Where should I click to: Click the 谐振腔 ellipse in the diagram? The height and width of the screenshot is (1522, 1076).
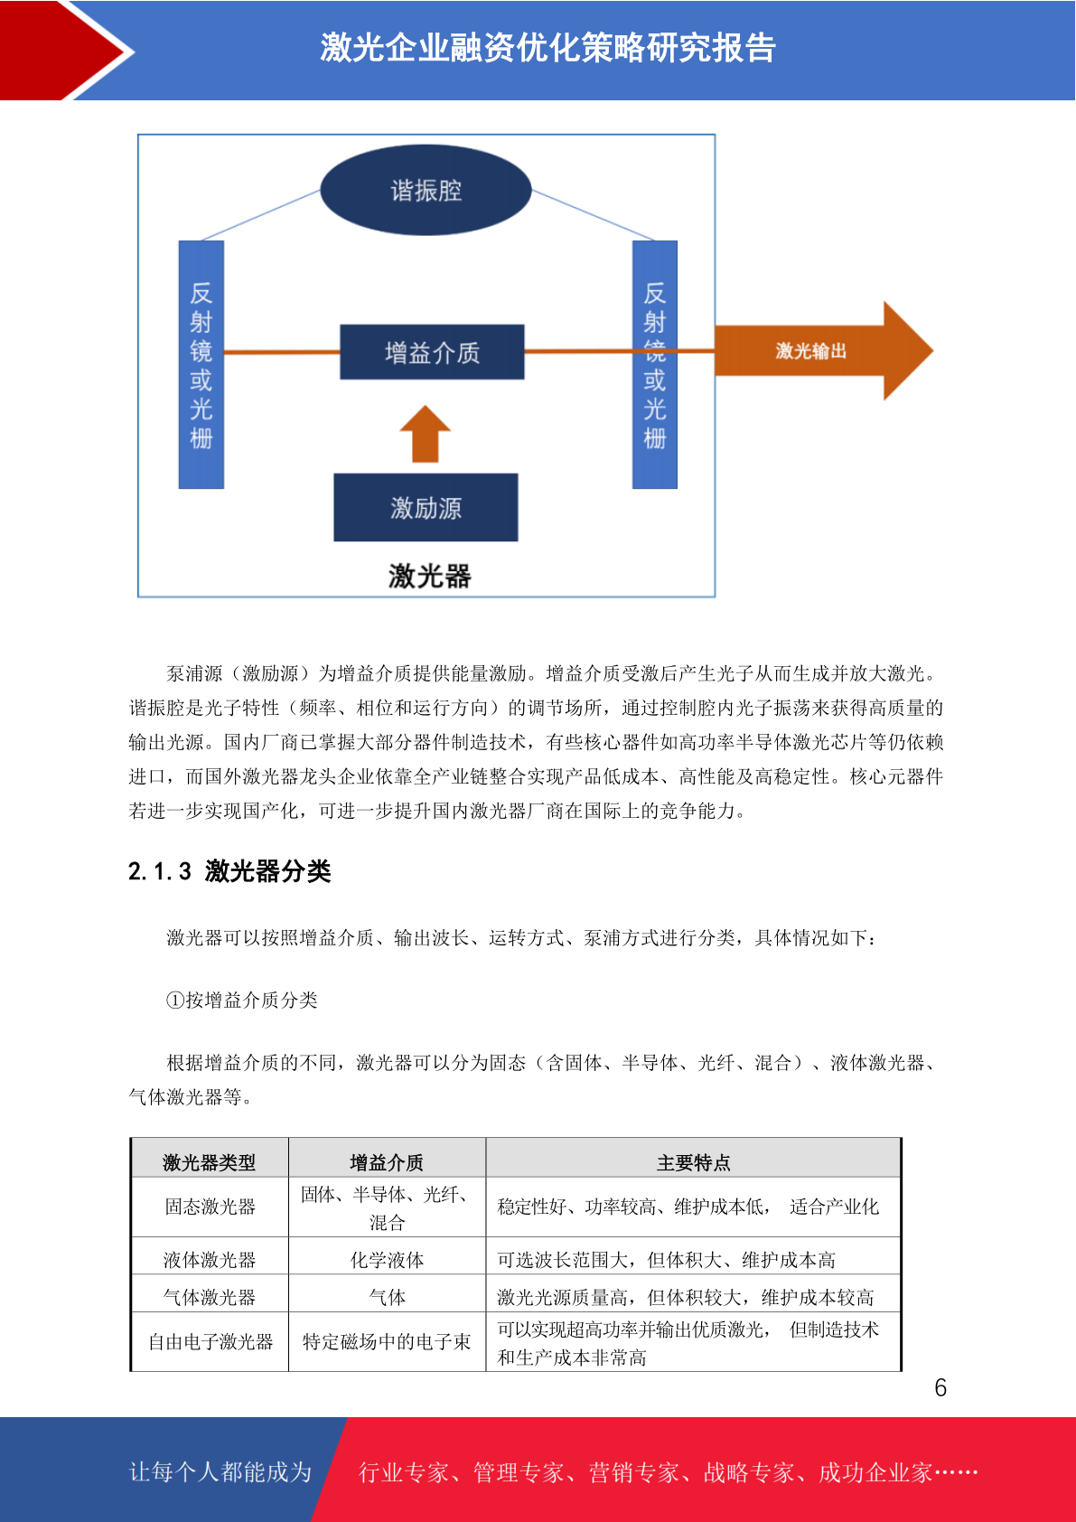[426, 190]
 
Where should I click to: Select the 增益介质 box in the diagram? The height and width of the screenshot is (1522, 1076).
[432, 352]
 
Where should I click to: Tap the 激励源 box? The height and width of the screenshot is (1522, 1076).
[426, 508]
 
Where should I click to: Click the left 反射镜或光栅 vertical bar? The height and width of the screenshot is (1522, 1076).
[201, 364]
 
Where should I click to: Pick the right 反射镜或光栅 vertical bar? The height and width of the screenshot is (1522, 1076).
[655, 364]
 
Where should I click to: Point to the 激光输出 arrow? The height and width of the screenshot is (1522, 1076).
[823, 351]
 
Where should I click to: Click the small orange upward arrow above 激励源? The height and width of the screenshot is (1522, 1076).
[426, 434]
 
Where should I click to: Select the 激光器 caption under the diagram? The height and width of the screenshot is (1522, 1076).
[429, 577]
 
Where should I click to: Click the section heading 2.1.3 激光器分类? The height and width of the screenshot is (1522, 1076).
[229, 871]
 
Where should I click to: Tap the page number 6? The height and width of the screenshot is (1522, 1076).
[940, 1387]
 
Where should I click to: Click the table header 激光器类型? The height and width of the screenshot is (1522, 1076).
[210, 1162]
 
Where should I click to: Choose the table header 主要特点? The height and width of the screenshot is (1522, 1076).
[694, 1162]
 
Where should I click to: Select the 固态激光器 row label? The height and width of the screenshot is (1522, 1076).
[210, 1207]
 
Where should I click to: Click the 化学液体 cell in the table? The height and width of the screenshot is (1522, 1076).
[388, 1260]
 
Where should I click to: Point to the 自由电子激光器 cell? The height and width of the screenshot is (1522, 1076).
[211, 1342]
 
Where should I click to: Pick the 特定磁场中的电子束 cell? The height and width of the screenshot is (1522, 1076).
[388, 1342]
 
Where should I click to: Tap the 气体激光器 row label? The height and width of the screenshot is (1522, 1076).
[210, 1298]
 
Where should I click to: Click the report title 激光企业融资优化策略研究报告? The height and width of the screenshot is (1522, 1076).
[548, 48]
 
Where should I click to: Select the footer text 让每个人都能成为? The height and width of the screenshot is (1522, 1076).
[220, 1471]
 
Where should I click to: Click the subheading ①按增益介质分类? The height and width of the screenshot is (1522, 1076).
[242, 1001]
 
